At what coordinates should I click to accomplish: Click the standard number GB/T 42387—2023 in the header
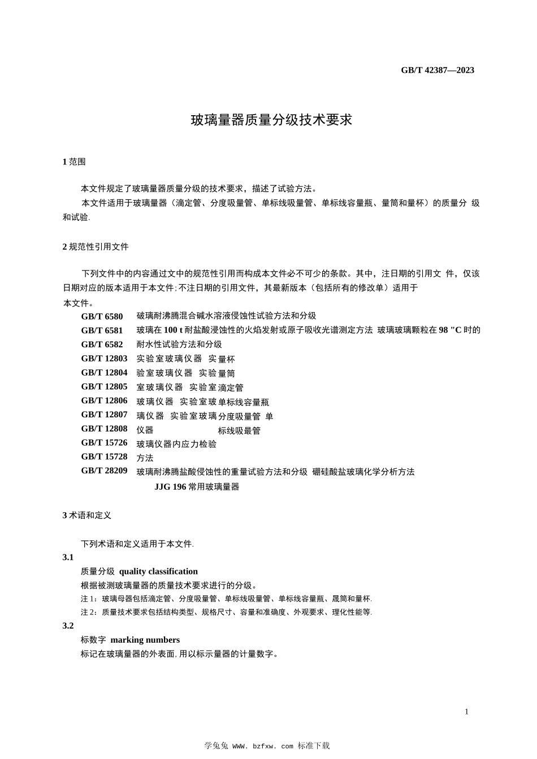(x=438, y=70)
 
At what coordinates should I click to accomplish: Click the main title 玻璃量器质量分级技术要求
(x=271, y=120)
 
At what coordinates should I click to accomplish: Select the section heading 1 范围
(x=74, y=162)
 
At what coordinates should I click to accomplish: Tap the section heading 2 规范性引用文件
(x=96, y=247)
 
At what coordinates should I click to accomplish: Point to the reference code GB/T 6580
(x=102, y=316)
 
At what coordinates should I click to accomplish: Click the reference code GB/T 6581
(x=102, y=330)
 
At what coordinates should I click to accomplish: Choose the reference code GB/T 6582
(x=102, y=344)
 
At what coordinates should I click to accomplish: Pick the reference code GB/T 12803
(x=104, y=358)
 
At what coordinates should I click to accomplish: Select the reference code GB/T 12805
(x=104, y=386)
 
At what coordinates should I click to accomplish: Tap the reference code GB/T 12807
(x=104, y=415)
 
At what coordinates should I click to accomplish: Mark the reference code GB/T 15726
(x=104, y=442)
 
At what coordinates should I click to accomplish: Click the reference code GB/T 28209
(x=104, y=470)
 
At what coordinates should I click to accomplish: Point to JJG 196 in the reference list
(x=171, y=486)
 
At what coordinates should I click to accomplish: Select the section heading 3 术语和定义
(x=87, y=515)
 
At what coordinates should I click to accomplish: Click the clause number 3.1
(x=68, y=557)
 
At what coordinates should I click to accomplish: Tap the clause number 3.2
(x=68, y=626)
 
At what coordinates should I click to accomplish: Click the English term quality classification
(x=158, y=572)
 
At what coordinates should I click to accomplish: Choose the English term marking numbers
(x=145, y=640)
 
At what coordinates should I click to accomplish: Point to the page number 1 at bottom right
(x=466, y=712)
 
